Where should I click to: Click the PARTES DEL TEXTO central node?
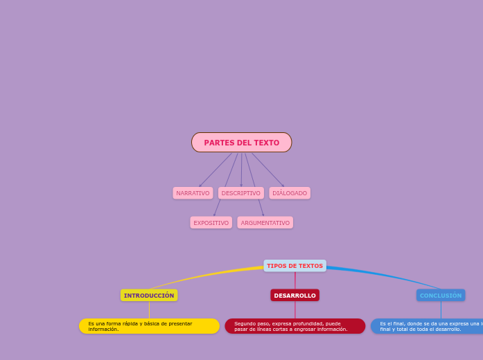(241, 143)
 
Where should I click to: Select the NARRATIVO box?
(193, 193)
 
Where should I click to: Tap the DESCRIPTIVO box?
(241, 193)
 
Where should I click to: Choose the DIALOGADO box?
(290, 193)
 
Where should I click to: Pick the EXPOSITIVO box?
(211, 223)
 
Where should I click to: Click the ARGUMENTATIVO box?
(265, 223)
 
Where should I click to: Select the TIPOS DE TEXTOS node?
(295, 266)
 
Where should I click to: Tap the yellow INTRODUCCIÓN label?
(149, 296)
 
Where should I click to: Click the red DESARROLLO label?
(295, 296)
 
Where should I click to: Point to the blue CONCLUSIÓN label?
(441, 296)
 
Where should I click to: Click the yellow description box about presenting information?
(149, 326)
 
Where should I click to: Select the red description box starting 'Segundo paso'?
(295, 326)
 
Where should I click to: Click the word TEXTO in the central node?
(266, 143)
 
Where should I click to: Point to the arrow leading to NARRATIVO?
(216, 170)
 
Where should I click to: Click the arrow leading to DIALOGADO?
(267, 170)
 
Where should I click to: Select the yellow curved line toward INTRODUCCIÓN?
(208, 275)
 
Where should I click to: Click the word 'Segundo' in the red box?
(245, 323)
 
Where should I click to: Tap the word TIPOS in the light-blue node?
(276, 266)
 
